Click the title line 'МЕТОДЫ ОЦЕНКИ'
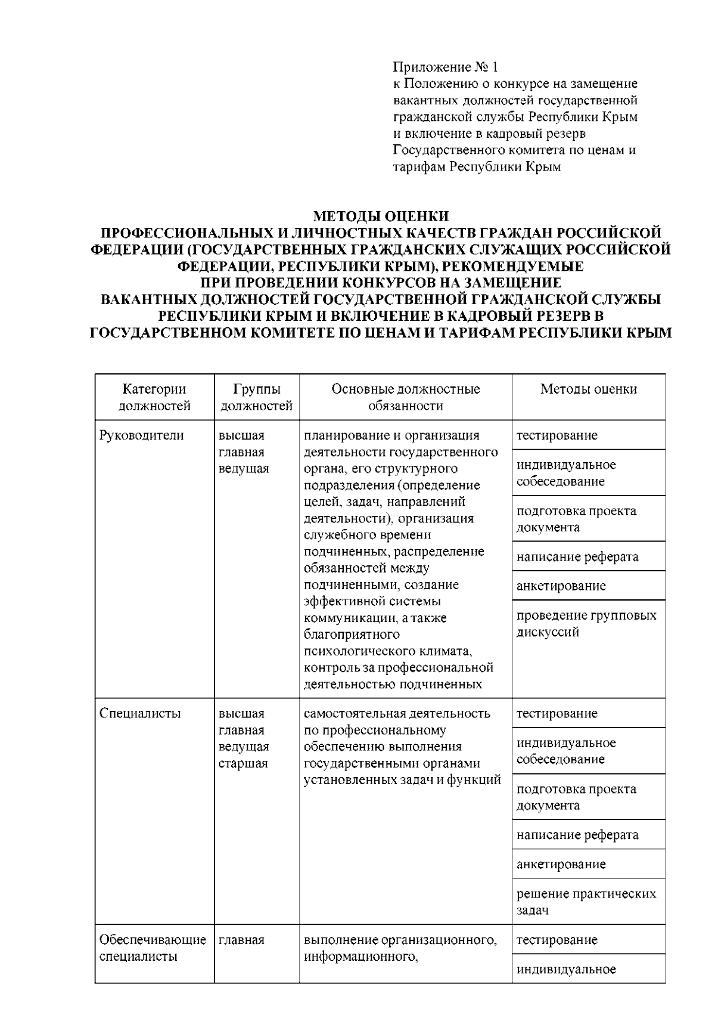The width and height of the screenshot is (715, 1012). tap(381, 216)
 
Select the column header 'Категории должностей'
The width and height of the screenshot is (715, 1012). tap(154, 397)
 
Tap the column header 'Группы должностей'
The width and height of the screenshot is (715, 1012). tap(257, 397)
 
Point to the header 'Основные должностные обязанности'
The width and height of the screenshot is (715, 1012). tap(405, 397)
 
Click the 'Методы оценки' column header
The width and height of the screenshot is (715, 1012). tap(588, 389)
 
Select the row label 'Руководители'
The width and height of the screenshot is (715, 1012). tap(142, 435)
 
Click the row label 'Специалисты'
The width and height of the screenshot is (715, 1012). tap(140, 714)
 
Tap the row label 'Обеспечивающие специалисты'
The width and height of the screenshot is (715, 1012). tap(153, 948)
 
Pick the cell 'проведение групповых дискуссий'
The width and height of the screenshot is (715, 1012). tap(586, 624)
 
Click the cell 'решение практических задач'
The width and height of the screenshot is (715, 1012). tap(586, 902)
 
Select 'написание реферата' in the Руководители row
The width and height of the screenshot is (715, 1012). tap(577, 557)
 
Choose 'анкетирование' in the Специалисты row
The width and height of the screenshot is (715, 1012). tap(561, 864)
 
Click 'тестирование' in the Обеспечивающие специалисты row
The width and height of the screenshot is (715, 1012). tap(557, 940)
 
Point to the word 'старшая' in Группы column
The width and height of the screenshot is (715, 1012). tap(243, 764)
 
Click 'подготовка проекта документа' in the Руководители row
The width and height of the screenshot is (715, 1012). tap(576, 519)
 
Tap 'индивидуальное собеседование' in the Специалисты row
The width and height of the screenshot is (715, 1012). tap(566, 751)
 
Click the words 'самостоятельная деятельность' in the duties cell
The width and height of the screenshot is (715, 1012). tap(397, 714)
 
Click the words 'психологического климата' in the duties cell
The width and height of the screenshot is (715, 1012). tap(388, 651)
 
